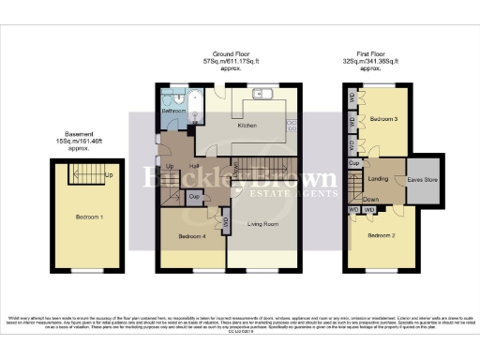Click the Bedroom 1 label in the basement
[x=89, y=217]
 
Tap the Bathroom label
[x=173, y=112]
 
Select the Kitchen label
[x=247, y=125]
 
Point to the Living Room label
[x=265, y=225]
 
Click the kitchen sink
[x=262, y=93]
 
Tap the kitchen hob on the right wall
[x=292, y=125]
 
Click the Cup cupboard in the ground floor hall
[x=193, y=197]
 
